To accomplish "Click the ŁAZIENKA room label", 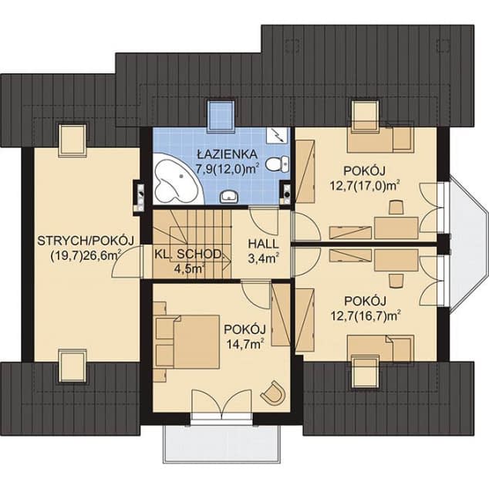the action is point(228,154).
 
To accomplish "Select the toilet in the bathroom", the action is point(277,164).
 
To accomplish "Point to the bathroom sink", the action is point(229,197).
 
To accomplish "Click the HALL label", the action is point(263,244).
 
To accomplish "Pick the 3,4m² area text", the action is point(263,258).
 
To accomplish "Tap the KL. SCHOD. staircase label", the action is point(189,255).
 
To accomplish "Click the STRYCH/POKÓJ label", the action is point(86,241).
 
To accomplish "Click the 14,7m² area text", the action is point(246,344).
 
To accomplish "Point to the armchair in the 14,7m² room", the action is point(274,393).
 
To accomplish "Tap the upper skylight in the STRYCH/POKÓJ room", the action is point(73,140).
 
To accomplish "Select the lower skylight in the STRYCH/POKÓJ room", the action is point(73,365).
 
